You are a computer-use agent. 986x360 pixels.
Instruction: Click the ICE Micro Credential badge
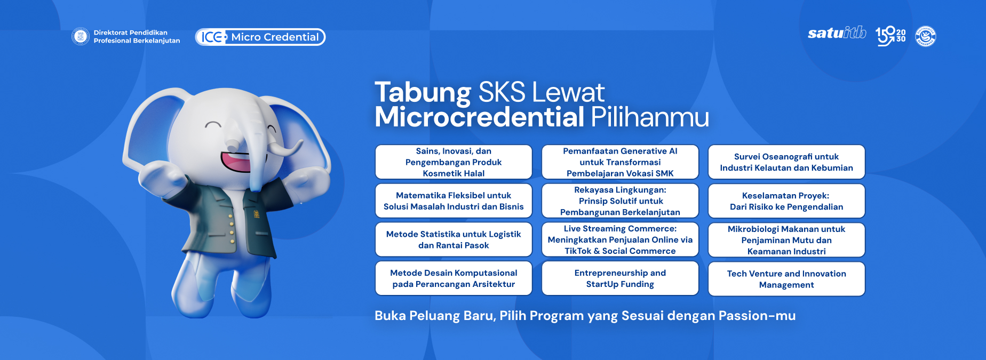(x=260, y=37)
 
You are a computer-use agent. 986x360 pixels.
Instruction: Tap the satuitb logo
(x=837, y=33)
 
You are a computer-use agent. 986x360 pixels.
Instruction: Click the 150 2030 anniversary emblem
(x=890, y=36)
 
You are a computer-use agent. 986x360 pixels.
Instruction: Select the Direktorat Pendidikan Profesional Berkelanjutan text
(x=137, y=36)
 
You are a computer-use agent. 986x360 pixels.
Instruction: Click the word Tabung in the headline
(x=423, y=93)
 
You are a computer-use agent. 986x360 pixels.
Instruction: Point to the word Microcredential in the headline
(x=479, y=117)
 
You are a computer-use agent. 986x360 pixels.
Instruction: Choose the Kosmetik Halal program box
(x=454, y=162)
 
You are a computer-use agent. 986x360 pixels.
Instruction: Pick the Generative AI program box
(x=620, y=162)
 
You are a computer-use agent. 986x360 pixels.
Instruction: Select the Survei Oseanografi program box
(x=786, y=162)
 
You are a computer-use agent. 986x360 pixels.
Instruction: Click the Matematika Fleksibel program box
(x=454, y=201)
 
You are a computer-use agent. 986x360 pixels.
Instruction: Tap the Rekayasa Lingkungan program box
(x=620, y=201)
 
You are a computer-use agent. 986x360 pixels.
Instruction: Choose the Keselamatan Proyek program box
(x=786, y=201)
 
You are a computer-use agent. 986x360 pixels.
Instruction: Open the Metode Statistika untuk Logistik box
(x=454, y=239)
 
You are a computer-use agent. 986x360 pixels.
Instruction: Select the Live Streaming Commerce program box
(x=620, y=239)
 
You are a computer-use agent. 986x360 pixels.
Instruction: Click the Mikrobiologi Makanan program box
(x=786, y=240)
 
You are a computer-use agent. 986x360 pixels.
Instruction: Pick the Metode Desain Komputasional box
(x=454, y=278)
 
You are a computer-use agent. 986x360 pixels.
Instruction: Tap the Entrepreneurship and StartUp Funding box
(x=620, y=278)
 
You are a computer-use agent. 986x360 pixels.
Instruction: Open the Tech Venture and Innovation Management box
(x=786, y=279)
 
